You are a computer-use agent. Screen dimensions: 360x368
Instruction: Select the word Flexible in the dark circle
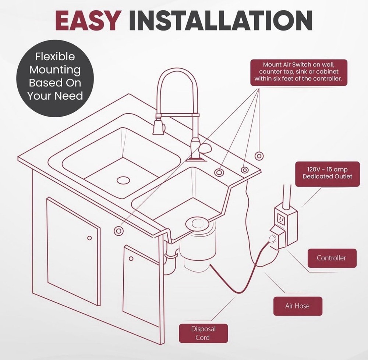(x=55, y=57)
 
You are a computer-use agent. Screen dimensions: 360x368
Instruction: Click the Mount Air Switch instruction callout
(x=298, y=72)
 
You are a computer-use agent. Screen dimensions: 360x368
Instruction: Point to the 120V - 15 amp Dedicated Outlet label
(x=327, y=173)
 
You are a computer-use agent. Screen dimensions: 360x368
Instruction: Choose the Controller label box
(x=331, y=258)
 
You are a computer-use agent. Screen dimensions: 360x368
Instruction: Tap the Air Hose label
(x=297, y=306)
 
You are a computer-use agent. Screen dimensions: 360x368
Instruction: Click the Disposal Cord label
(x=203, y=333)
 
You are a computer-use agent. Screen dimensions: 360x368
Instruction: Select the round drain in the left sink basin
(x=123, y=180)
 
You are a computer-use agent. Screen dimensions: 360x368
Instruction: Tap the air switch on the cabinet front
(x=118, y=231)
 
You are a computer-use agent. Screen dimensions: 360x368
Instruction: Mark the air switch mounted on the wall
(x=259, y=156)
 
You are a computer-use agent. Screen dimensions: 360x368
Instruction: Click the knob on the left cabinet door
(x=89, y=238)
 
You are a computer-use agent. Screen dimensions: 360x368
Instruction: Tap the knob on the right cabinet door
(x=131, y=259)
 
